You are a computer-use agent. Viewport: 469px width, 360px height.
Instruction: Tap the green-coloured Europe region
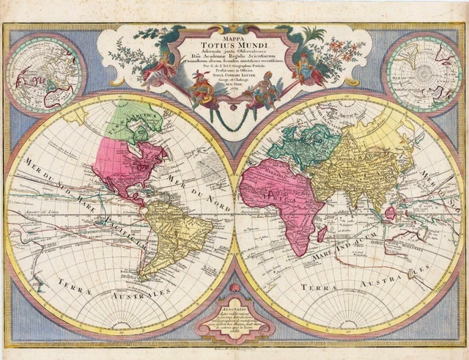(297, 147)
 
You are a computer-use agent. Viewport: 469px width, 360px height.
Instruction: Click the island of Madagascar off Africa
(322, 234)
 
